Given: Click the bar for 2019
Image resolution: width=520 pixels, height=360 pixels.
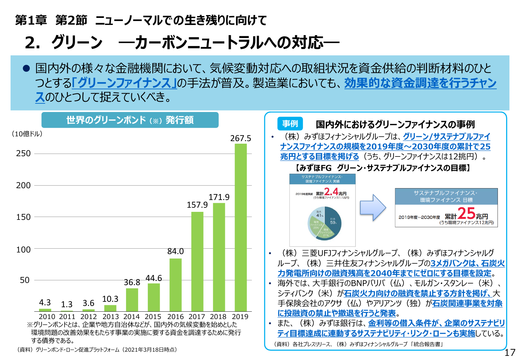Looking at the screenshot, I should click(x=241, y=227).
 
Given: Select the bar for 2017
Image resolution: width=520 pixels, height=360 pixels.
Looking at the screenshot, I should click(x=197, y=261).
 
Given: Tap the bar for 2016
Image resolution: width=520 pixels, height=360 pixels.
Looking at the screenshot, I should click(x=175, y=284).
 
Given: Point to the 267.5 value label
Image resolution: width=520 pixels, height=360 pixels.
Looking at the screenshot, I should click(x=241, y=139).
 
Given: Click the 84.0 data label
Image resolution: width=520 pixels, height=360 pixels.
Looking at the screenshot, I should click(x=175, y=252).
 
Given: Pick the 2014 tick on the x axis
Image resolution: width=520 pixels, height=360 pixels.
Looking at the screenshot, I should click(x=132, y=317).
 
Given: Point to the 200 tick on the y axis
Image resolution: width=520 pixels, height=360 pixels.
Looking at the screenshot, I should click(x=23, y=185).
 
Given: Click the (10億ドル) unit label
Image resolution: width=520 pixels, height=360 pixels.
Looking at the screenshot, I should click(x=27, y=134).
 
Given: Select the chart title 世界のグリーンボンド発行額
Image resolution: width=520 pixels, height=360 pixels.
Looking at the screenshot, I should click(x=130, y=120).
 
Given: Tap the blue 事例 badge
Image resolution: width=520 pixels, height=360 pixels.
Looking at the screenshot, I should click(x=290, y=124).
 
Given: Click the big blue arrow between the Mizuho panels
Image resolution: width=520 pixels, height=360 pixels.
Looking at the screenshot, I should click(x=373, y=207).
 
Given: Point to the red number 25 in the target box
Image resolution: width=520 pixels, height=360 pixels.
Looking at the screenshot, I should click(x=466, y=213).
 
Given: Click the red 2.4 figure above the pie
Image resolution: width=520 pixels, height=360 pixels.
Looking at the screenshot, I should click(x=331, y=192).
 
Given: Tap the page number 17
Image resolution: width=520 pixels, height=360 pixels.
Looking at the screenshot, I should click(x=510, y=353).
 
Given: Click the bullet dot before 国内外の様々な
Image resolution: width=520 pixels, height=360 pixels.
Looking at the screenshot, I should click(x=27, y=68).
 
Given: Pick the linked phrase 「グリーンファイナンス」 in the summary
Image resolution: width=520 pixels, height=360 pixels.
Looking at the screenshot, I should click(x=124, y=83).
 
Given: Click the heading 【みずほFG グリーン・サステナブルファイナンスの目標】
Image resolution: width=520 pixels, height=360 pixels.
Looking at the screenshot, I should click(x=383, y=168).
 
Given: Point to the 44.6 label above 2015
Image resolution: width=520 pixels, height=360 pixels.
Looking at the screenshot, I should click(x=154, y=278).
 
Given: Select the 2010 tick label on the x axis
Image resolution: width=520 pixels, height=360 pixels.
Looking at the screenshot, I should click(x=47, y=317).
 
